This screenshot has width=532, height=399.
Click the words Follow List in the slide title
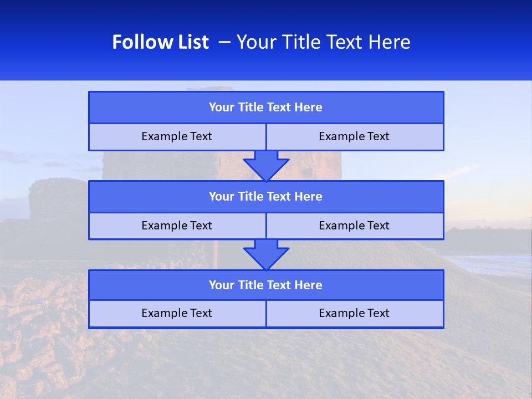(x=160, y=42)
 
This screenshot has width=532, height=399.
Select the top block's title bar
(x=266, y=108)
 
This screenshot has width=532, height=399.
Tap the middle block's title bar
(x=266, y=197)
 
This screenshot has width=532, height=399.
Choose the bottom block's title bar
(x=266, y=285)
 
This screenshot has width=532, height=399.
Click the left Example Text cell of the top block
(x=177, y=137)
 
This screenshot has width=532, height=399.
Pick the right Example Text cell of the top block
(x=354, y=137)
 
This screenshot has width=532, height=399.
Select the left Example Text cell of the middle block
(x=177, y=226)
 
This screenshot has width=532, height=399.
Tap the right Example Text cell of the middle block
(x=354, y=226)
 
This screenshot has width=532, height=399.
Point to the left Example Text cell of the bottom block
(x=177, y=314)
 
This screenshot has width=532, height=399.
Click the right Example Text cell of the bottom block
(x=354, y=314)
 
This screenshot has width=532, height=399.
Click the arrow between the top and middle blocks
(x=266, y=165)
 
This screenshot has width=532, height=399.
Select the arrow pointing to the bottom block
(x=266, y=254)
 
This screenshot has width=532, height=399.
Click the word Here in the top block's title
(x=309, y=108)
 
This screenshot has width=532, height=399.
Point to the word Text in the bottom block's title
(x=279, y=285)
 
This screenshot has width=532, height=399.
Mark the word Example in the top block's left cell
(x=161, y=137)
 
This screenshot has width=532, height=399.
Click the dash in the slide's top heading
(x=224, y=42)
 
